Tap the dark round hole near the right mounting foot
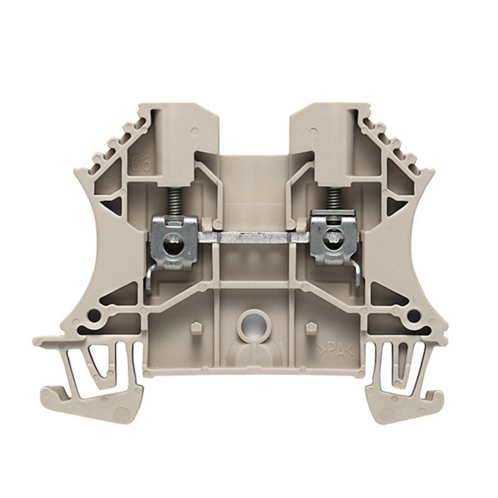coord(405,316)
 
